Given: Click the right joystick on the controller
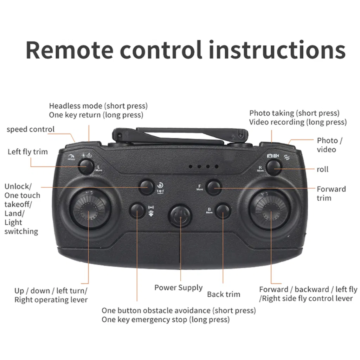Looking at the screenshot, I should (270, 210).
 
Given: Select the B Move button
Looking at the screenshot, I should (223, 211).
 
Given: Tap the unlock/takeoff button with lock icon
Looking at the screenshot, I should (146, 187).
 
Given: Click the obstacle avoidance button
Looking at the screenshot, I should (137, 211).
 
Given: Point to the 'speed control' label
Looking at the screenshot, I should (31, 129).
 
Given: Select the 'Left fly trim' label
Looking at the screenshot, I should (27, 152).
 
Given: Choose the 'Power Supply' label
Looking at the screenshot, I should (178, 288).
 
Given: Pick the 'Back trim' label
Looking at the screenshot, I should (223, 294).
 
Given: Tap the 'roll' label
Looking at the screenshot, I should (322, 169).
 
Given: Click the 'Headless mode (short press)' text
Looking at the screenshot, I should (98, 106).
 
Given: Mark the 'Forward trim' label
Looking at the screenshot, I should (331, 193).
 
